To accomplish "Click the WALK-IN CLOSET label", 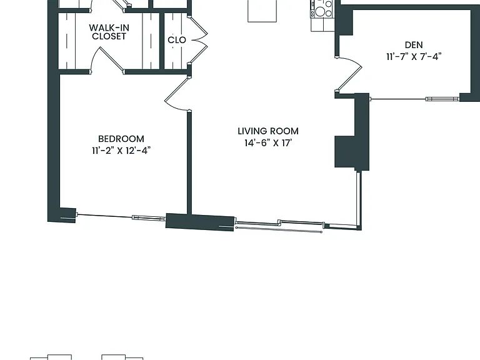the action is pyautogui.click(x=109, y=32).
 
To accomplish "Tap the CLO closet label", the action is pyautogui.click(x=177, y=40).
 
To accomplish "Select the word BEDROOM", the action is pyautogui.click(x=121, y=139).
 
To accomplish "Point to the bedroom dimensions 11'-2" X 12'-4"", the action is pyautogui.click(x=121, y=150).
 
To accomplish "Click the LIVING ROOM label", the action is pyautogui.click(x=268, y=131).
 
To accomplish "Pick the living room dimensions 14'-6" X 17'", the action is pyautogui.click(x=267, y=143).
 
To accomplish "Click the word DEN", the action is pyautogui.click(x=414, y=45).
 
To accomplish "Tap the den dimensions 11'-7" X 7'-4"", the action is pyautogui.click(x=414, y=57).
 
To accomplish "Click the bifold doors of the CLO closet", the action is pyautogui.click(x=198, y=40).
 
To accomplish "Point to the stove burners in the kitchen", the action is pyautogui.click(x=321, y=9).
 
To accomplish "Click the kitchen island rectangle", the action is pyautogui.click(x=262, y=11).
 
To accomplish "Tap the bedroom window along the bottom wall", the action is pyautogui.click(x=121, y=216).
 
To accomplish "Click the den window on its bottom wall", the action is pyautogui.click(x=414, y=99).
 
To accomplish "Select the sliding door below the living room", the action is pyautogui.click(x=279, y=226).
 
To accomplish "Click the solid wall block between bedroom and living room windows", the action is pyautogui.click(x=200, y=222).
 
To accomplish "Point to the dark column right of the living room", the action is pyautogui.click(x=352, y=132).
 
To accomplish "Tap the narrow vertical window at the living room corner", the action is pyautogui.click(x=359, y=199).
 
